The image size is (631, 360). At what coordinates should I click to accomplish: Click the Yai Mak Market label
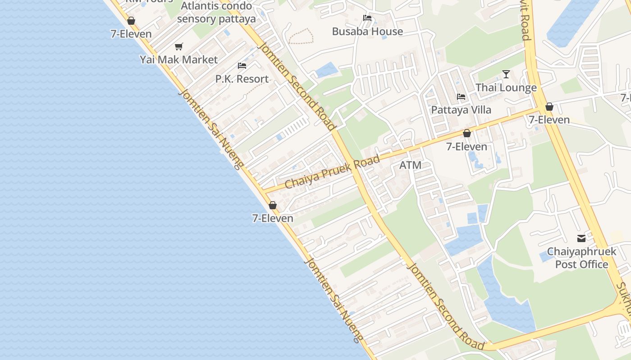coord(178,59)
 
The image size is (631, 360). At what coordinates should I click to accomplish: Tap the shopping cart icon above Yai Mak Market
coord(178,46)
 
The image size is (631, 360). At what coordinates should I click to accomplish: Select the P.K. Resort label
coord(242,79)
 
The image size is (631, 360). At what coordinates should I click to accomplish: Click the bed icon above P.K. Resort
coord(242,66)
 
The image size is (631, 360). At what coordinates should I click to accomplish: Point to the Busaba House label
coord(367,31)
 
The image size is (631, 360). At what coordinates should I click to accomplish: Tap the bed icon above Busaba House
coord(367,18)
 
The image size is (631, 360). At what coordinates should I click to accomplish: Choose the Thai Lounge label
coord(506,87)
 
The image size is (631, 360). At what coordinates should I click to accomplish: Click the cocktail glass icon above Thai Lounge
coord(506,74)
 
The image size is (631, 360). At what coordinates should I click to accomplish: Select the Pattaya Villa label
coord(461,110)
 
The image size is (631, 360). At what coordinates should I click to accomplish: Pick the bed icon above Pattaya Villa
coord(461,97)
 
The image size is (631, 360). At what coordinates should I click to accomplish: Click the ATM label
coord(410,165)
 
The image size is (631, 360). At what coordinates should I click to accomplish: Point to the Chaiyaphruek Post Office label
coord(581,258)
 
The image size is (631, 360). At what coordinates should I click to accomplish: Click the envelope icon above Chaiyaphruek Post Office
coord(581,238)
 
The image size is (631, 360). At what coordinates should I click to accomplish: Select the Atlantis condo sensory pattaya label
coord(216,13)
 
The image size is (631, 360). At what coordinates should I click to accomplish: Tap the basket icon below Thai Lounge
coord(549,107)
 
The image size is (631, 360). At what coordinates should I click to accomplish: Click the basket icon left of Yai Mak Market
coord(131,21)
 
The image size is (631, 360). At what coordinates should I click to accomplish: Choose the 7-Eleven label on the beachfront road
coord(273,218)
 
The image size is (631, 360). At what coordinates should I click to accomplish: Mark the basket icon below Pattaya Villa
coord(466,134)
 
